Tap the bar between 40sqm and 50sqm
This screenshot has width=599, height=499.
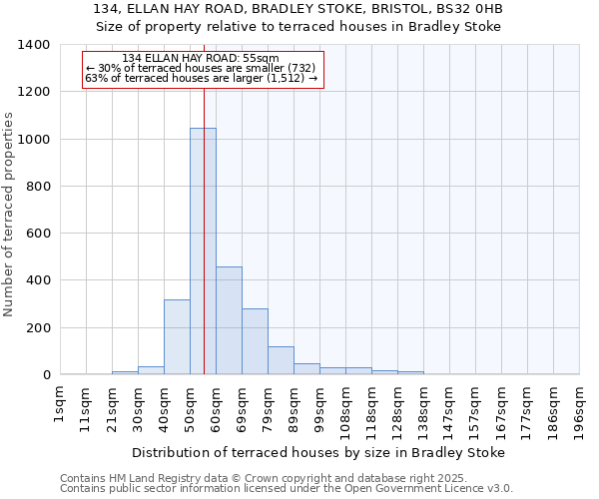[x=177, y=337]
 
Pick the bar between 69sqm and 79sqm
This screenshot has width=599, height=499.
[x=255, y=341]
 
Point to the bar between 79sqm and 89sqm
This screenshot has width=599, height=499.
[x=281, y=360]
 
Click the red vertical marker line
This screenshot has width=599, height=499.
[x=204, y=200]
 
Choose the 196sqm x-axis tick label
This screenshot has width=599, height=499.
[x=580, y=408]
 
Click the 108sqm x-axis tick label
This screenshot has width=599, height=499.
[x=346, y=408]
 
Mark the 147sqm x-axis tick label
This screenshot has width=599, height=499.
[x=450, y=408]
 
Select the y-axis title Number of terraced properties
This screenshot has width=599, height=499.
[x=9, y=214]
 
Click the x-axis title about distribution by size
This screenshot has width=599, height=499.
[x=318, y=452]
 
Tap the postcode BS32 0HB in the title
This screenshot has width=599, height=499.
[x=473, y=9]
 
